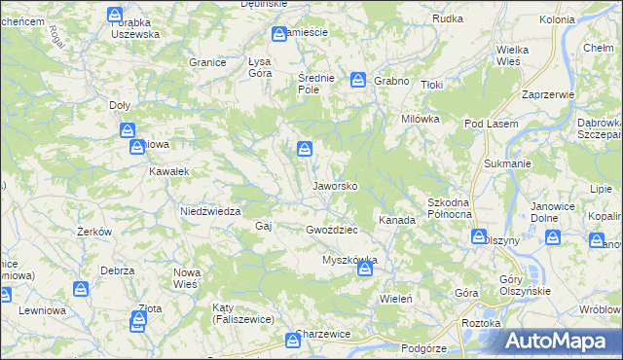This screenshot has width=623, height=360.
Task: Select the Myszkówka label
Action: (x=348, y=261)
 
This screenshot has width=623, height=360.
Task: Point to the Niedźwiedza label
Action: (x=209, y=210)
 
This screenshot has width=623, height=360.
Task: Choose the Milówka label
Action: (x=421, y=118)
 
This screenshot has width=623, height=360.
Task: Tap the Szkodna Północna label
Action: (x=450, y=207)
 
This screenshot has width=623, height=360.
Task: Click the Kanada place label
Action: (x=397, y=220)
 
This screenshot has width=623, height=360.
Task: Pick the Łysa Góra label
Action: (x=260, y=66)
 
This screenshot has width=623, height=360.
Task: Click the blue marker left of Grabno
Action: (x=358, y=79)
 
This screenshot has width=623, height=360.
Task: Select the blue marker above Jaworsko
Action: (x=305, y=148)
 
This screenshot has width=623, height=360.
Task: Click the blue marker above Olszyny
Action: (x=479, y=235)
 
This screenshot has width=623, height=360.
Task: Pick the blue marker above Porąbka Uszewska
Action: (x=115, y=15)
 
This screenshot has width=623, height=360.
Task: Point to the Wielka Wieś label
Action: (x=511, y=54)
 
